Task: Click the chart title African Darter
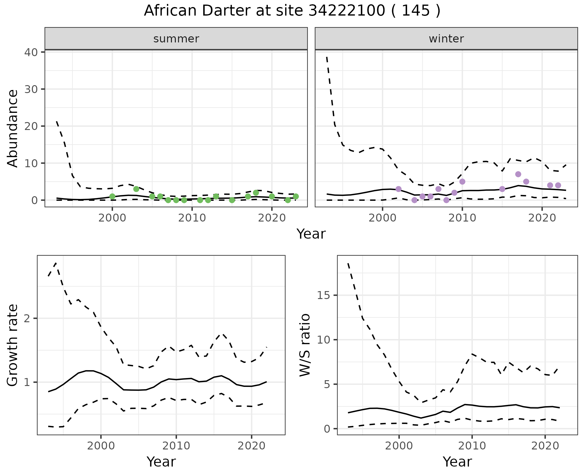[x=292, y=11]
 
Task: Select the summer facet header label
[x=176, y=39]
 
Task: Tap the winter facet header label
[x=446, y=39]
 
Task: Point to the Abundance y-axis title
[x=13, y=128]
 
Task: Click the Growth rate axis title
[x=13, y=345]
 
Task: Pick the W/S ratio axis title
[x=305, y=345]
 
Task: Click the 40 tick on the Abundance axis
[x=31, y=52]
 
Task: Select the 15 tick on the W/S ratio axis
[x=324, y=295]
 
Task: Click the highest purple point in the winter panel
[x=518, y=174]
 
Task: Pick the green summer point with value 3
[x=136, y=189]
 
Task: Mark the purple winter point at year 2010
[x=462, y=182]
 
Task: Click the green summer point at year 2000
[x=112, y=197]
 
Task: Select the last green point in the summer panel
[x=296, y=197]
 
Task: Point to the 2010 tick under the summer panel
[x=192, y=218]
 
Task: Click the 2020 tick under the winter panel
[x=542, y=218]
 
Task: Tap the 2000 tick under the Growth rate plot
[x=101, y=446]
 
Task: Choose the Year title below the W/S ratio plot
[x=457, y=462]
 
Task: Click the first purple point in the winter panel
[x=398, y=189]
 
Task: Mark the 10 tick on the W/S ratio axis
[x=324, y=340]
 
